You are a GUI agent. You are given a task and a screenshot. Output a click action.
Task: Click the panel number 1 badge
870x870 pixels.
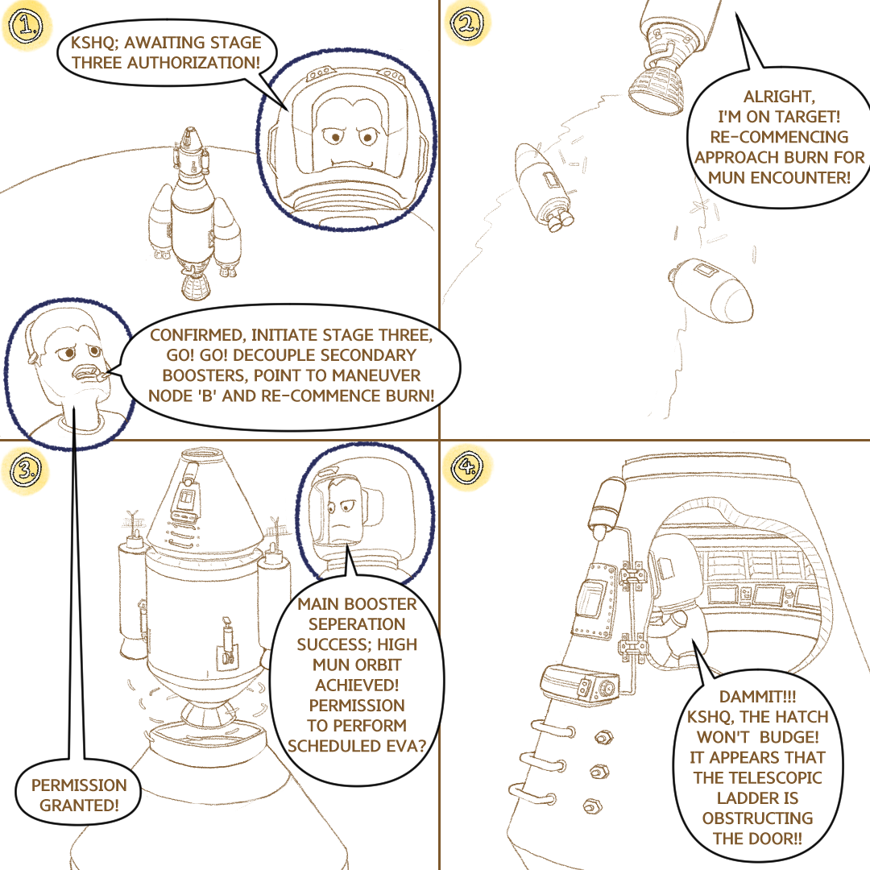tap(26, 26)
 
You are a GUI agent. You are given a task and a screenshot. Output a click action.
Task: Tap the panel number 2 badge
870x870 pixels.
tap(467, 24)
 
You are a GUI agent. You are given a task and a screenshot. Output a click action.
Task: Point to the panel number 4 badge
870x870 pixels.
tap(467, 466)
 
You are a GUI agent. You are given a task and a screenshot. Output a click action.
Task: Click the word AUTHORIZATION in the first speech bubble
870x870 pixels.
tap(193, 63)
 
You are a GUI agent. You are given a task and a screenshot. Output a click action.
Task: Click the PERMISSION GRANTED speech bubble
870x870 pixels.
tap(78, 795)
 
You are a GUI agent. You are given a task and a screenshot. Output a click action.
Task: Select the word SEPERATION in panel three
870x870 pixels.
tap(357, 624)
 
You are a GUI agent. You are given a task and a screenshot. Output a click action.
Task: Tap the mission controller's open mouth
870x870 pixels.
tap(89, 373)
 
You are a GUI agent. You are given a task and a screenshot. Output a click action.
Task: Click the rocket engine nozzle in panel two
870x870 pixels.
tap(657, 89)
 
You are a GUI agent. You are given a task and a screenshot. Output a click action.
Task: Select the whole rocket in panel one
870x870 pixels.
tap(194, 213)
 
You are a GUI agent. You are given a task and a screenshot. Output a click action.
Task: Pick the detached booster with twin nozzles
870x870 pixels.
tap(544, 187)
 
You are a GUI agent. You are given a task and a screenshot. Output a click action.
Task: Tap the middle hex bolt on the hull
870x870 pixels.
tap(598, 771)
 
